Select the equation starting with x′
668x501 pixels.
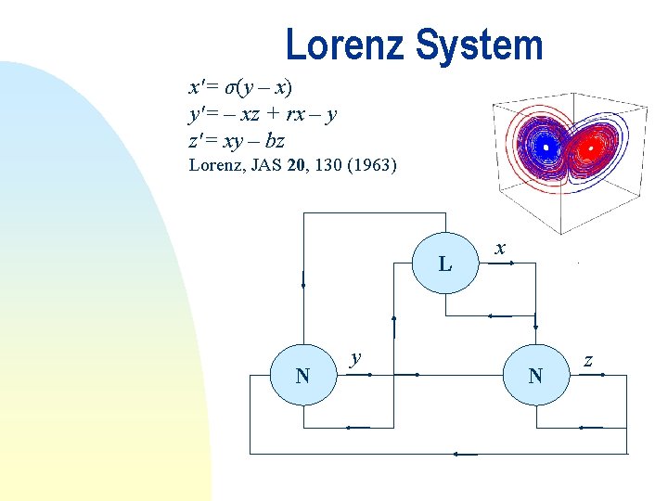(x=240, y=88)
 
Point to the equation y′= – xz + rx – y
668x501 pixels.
(x=263, y=115)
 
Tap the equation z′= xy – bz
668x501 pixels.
(x=237, y=141)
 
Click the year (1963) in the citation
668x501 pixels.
(x=369, y=166)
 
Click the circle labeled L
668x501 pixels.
(x=445, y=264)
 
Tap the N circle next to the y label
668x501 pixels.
(x=302, y=376)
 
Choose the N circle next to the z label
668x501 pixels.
(x=535, y=376)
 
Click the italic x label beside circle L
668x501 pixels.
(x=500, y=249)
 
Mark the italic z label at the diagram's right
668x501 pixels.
(x=587, y=358)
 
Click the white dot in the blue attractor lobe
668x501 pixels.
(x=547, y=147)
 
